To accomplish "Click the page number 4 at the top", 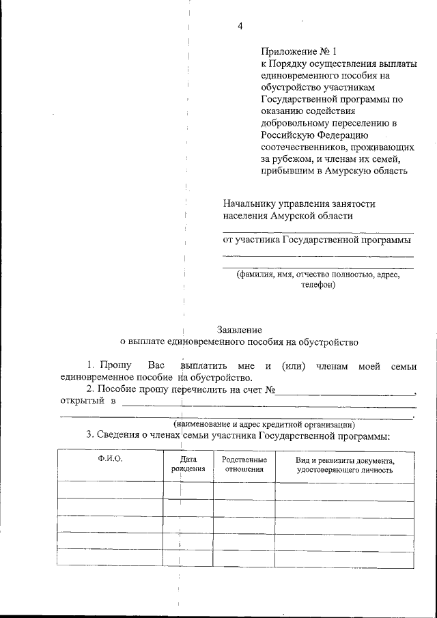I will click(x=240, y=27).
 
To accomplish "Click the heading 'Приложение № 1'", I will click(x=299, y=51).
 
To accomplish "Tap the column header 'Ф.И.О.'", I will click(x=110, y=459).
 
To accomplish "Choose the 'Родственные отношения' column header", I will click(x=244, y=464).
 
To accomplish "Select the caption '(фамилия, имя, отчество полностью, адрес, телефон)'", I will click(x=318, y=280).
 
